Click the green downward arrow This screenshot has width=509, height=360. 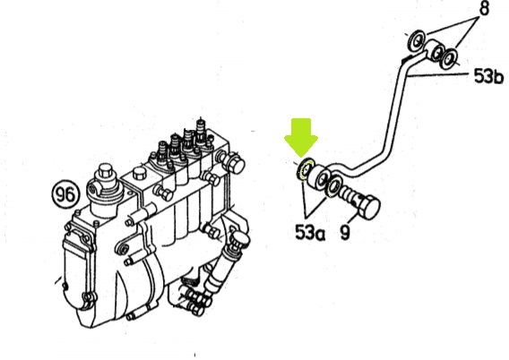[x=301, y=136]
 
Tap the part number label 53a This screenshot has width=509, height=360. [x=309, y=232]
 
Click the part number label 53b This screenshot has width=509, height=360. [x=488, y=76]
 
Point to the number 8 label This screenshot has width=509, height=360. [x=484, y=8]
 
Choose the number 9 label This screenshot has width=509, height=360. [x=345, y=232]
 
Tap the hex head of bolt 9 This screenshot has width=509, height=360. [x=368, y=204]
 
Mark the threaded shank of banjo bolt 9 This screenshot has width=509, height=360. [x=349, y=194]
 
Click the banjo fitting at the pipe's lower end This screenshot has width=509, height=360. [x=321, y=177]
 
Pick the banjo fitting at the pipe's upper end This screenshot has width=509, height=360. [x=435, y=50]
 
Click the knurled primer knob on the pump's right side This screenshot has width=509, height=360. [x=239, y=239]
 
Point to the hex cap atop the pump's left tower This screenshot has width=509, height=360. [x=105, y=171]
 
